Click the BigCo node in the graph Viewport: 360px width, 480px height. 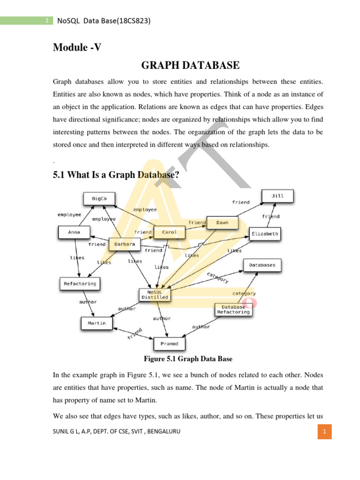click(x=99, y=199)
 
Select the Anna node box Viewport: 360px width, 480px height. click(x=74, y=232)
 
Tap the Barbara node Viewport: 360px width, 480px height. click(x=124, y=244)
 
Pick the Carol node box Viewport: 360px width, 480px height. click(x=169, y=232)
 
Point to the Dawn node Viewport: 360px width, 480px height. click(x=222, y=223)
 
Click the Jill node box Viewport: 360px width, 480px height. click(x=277, y=196)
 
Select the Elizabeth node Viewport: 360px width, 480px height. click(x=265, y=233)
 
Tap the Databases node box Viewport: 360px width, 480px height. click(x=262, y=265)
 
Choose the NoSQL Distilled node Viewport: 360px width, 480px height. click(x=154, y=294)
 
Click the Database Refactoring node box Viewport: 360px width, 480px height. click(x=233, y=310)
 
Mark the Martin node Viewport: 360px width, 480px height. click(x=97, y=323)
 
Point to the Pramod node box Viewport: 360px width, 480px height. click(x=169, y=344)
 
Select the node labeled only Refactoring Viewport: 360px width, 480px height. click(x=80, y=284)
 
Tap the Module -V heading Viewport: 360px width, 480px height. click(x=77, y=47)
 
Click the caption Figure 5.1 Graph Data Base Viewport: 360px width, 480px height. click(x=187, y=359)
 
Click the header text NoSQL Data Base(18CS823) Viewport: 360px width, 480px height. click(x=104, y=21)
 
